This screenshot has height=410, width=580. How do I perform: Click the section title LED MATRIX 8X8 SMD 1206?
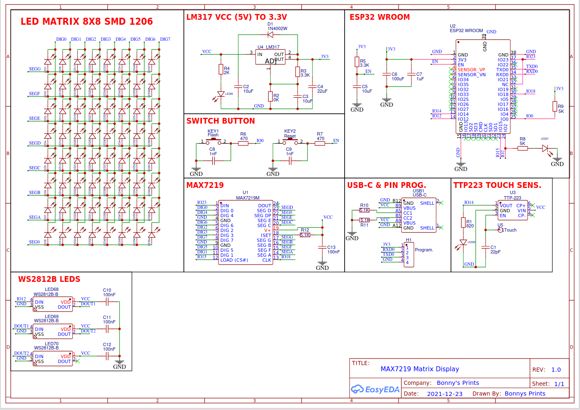point(87,21)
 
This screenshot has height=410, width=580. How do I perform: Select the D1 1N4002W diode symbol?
point(270,35)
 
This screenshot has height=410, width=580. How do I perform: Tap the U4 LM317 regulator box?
point(270,57)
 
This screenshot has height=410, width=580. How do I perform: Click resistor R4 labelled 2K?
point(221,70)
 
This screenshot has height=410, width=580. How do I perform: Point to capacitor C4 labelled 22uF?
point(313,87)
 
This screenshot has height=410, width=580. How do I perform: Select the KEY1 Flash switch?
point(214,142)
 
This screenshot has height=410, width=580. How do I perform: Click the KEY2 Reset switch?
point(290,142)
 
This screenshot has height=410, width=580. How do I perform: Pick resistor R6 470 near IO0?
point(243,143)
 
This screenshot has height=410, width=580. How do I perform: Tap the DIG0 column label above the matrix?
point(61,40)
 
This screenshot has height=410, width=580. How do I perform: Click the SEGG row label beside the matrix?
point(35,69)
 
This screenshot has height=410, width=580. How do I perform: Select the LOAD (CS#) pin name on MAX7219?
point(234,260)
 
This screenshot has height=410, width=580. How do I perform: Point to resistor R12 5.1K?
point(305,235)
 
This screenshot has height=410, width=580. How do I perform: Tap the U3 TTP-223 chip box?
point(513,210)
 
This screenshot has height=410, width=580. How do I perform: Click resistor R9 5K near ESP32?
point(555,106)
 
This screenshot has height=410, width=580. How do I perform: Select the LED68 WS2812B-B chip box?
point(52,305)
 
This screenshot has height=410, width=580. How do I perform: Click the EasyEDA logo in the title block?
point(375,389)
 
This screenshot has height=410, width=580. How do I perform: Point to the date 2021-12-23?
point(444,394)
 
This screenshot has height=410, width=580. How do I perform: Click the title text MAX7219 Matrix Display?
point(420,369)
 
